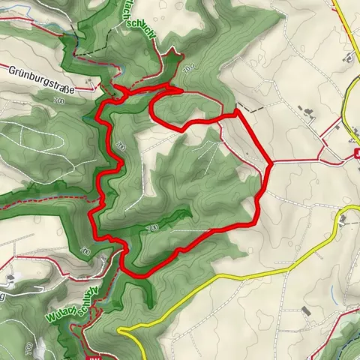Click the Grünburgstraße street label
[42, 89]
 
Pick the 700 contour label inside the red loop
[152, 226]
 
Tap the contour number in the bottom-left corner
[29, 349]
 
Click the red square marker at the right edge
[355, 156]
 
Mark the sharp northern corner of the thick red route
[237, 112]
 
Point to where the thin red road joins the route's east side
[268, 161]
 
